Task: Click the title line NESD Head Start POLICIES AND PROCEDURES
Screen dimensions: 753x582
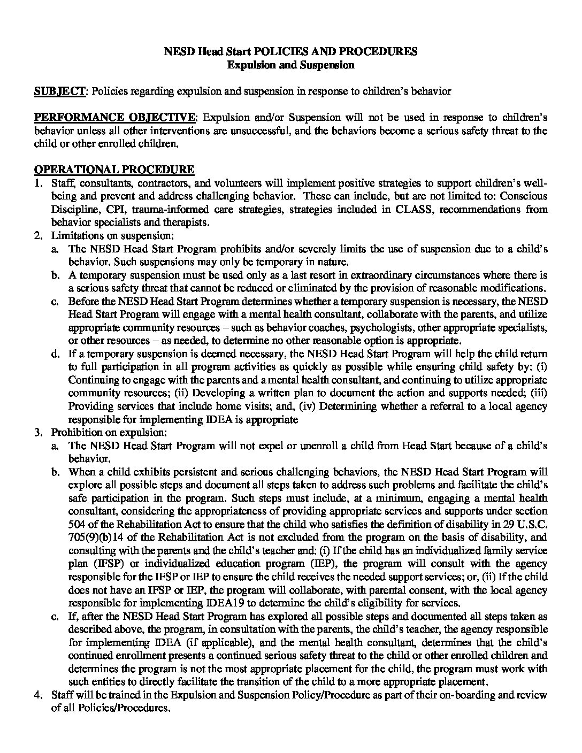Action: point(290,52)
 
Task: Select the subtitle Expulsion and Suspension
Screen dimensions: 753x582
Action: point(290,65)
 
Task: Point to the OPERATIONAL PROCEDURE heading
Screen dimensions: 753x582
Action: point(114,170)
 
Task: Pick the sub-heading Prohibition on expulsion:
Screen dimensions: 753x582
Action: point(109,432)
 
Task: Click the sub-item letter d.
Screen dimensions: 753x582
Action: point(55,354)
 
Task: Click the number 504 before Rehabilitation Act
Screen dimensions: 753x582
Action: point(78,524)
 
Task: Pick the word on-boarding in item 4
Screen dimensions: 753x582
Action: point(472,695)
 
